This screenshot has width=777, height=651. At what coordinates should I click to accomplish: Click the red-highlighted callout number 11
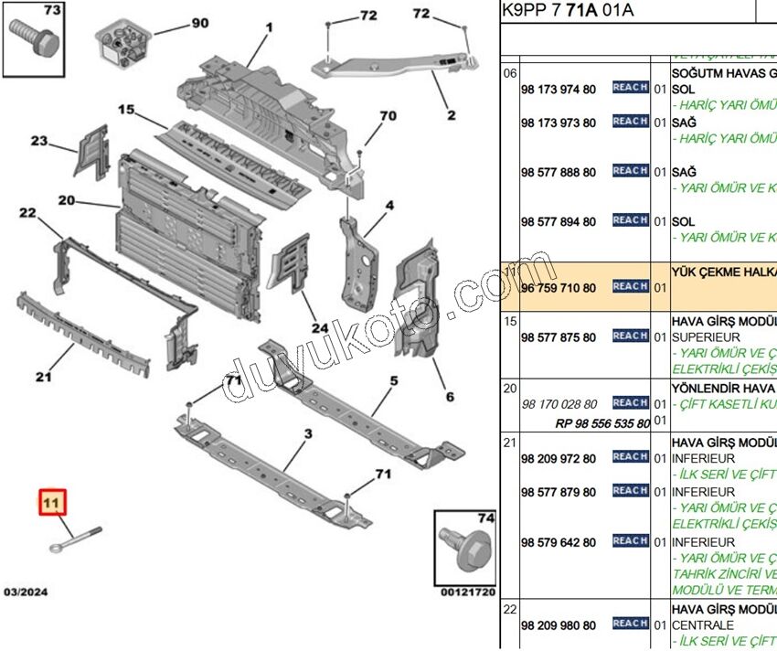point(52,502)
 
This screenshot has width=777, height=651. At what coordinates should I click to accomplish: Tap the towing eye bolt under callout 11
point(72,540)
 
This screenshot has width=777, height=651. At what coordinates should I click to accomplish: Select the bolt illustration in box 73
point(34,37)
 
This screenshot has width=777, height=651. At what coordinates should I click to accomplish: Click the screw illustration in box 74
point(464,546)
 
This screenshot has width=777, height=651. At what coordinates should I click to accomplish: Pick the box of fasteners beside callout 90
point(122,44)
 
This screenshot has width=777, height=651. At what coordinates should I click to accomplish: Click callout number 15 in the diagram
point(126,111)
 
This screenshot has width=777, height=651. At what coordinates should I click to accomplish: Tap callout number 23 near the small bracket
point(39,141)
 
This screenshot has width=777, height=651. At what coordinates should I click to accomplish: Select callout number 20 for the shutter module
point(66,200)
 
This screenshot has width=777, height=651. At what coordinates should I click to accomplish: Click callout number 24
point(318,327)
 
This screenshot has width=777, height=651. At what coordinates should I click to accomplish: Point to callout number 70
point(388,116)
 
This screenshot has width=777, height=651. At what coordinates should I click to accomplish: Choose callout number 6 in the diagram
point(450,397)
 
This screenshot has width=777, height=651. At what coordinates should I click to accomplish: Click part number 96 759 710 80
point(558,288)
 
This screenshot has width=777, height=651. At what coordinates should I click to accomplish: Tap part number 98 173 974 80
point(558,90)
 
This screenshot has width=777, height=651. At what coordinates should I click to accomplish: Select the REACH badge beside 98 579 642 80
point(630,541)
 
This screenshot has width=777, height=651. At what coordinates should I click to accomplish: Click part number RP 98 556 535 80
point(601,423)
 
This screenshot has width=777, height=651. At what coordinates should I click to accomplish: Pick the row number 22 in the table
point(510,608)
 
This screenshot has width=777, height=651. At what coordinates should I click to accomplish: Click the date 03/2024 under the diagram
point(26,592)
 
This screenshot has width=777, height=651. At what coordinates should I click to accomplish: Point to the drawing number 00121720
point(468,592)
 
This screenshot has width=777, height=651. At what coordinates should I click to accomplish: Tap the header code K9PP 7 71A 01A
point(568,11)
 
